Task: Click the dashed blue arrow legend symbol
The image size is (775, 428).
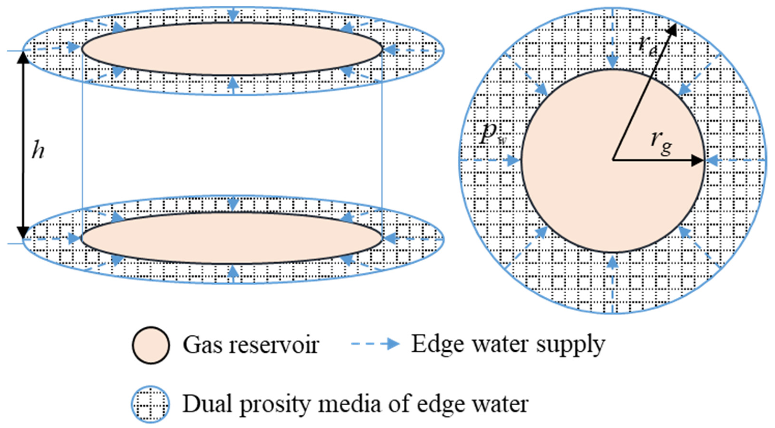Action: tap(375, 344)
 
